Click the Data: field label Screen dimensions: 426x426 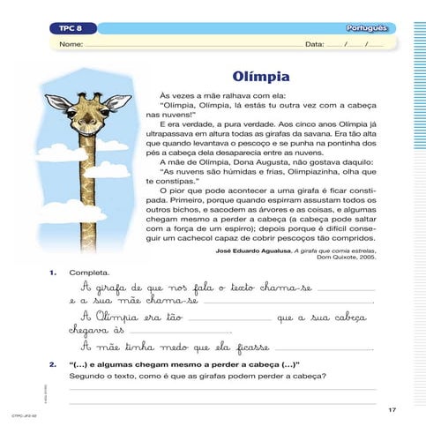coord(313,44)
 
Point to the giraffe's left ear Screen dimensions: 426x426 coord(59,102)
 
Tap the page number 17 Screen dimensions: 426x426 coord(392,410)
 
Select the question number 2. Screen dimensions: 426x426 coord(54,362)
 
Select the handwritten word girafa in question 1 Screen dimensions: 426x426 coord(110,288)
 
